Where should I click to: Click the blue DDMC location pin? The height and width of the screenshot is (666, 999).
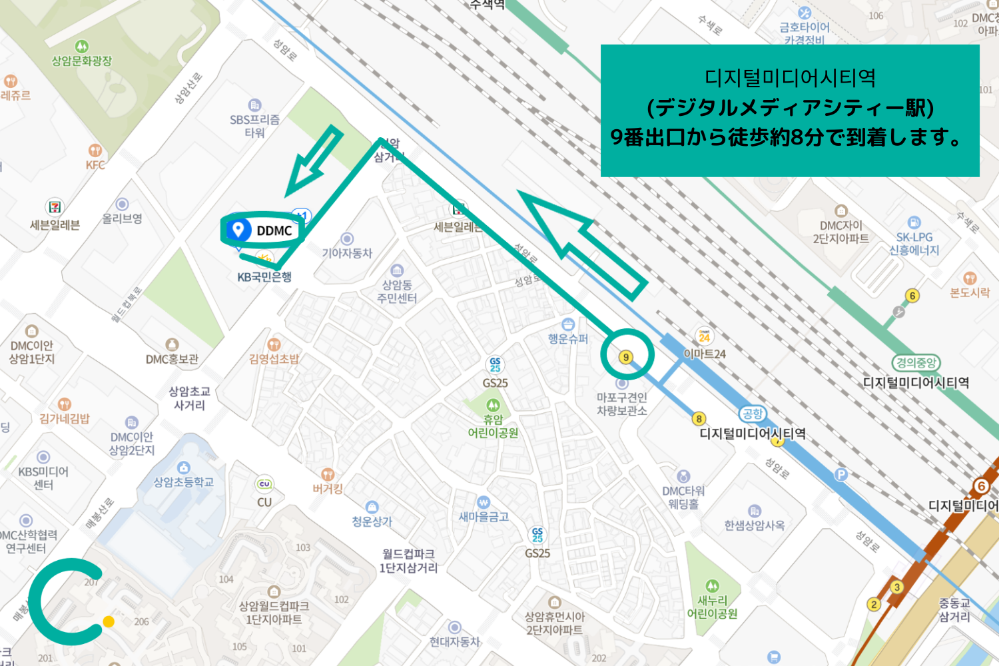(238, 230)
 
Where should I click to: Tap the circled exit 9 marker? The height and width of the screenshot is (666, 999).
(625, 357)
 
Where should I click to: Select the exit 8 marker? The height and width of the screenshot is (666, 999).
(699, 419)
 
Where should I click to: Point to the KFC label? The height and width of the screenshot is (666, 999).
(95, 165)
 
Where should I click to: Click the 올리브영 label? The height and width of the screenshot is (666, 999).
(122, 218)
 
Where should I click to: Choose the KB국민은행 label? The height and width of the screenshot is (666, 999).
(264, 277)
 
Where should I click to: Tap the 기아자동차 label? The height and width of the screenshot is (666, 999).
(347, 253)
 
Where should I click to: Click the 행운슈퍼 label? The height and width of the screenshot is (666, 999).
(568, 338)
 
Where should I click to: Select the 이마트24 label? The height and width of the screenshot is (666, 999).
(705, 354)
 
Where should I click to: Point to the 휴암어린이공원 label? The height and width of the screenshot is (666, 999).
(493, 426)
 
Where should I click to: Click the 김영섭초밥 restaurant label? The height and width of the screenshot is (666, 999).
(274, 359)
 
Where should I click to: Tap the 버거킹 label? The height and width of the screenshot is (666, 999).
(328, 488)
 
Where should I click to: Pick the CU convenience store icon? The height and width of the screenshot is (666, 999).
(264, 484)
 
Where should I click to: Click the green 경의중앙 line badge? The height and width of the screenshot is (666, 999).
(916, 363)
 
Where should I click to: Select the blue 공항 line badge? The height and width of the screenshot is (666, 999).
(752, 414)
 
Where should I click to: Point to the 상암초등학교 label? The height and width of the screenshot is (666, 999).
(184, 482)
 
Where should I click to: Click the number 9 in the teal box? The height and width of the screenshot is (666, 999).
(617, 137)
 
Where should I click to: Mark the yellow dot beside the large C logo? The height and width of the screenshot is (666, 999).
(109, 621)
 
